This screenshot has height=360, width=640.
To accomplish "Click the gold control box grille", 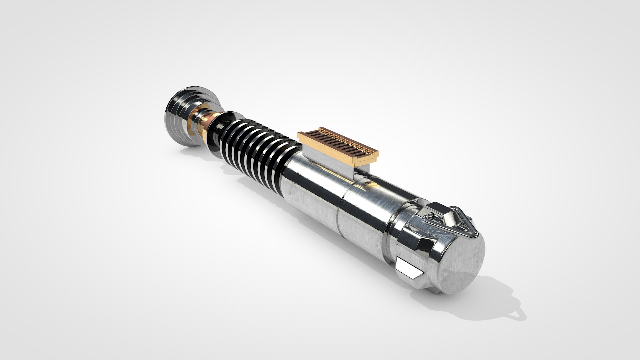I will pos(337,145).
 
